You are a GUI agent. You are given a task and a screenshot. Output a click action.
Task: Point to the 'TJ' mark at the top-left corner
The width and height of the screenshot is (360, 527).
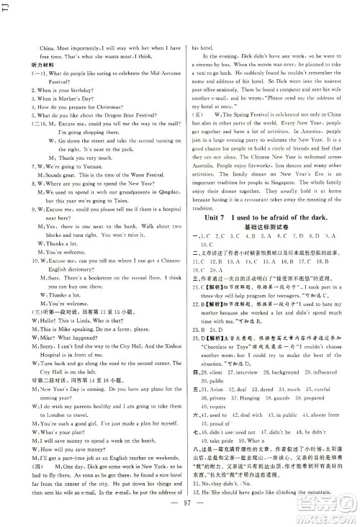click(6, 9)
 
